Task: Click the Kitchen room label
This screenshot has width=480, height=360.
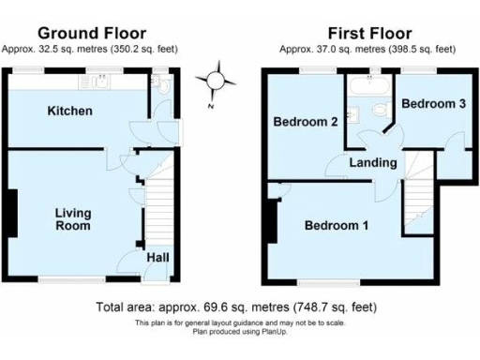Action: pyautogui.click(x=70, y=112)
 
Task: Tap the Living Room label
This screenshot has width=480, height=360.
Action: pyautogui.click(x=72, y=219)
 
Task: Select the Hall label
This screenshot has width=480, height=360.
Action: pyautogui.click(x=157, y=256)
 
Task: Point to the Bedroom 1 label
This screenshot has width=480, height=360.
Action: pyautogui.click(x=337, y=226)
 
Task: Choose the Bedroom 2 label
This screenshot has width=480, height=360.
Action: pyautogui.click(x=306, y=121)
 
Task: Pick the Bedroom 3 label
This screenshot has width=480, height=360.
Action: pyautogui.click(x=433, y=104)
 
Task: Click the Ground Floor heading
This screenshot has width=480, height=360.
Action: pyautogui.click(x=88, y=32)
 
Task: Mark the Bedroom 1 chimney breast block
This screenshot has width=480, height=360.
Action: pyautogui.click(x=269, y=222)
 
